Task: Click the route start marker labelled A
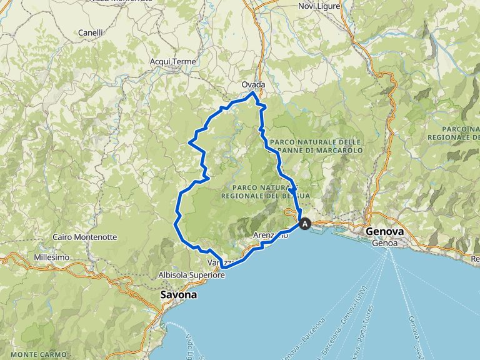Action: pos(305,223)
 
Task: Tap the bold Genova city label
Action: pos(385,231)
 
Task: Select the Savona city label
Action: pos(178,294)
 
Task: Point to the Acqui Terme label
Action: pos(173,61)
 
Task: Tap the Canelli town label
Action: pos(91,32)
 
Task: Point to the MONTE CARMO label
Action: pos(25,354)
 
